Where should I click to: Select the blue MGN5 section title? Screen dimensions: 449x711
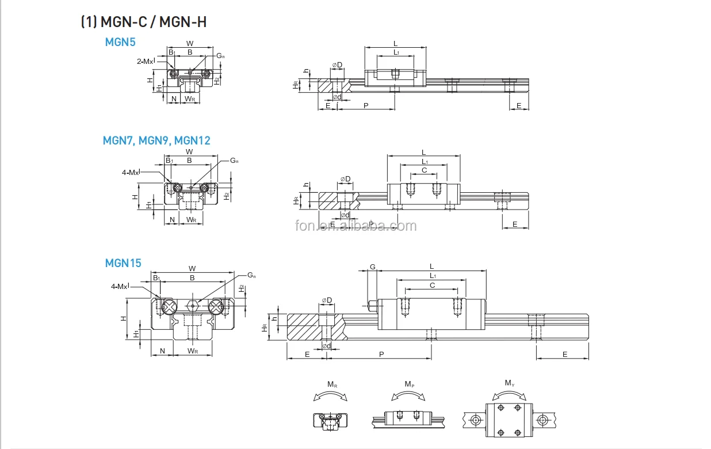[x=120, y=42]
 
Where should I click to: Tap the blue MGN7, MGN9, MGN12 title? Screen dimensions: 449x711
[x=156, y=140]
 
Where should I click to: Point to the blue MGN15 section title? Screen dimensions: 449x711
[x=123, y=263]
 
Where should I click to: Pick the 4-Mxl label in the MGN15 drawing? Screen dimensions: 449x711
[x=120, y=286]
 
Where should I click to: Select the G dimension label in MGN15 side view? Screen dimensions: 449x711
[x=373, y=267]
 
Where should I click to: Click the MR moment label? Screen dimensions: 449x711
[x=332, y=384]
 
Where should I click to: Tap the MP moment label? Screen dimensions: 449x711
[x=409, y=384]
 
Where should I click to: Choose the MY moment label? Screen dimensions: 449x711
[x=510, y=383]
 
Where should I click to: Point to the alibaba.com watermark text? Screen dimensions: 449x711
[x=355, y=226]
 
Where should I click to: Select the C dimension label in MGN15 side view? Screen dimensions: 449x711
[x=433, y=286]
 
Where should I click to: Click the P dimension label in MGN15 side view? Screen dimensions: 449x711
[x=381, y=355]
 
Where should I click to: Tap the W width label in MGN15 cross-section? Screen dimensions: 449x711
[x=192, y=268]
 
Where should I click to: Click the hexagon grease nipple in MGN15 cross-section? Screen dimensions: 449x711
[x=193, y=305]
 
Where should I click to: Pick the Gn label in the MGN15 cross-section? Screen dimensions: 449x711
[x=251, y=275]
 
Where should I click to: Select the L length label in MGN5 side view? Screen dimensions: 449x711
[x=395, y=43]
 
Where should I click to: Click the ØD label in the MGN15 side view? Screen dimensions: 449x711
[x=327, y=300]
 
